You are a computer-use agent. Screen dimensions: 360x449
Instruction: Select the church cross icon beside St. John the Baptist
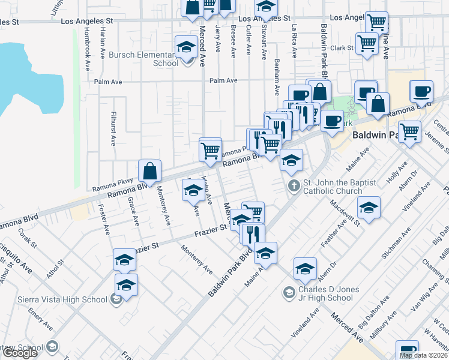294,185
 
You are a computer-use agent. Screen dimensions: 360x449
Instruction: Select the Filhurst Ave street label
112,128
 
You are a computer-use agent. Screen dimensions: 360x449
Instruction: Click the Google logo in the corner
19,353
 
